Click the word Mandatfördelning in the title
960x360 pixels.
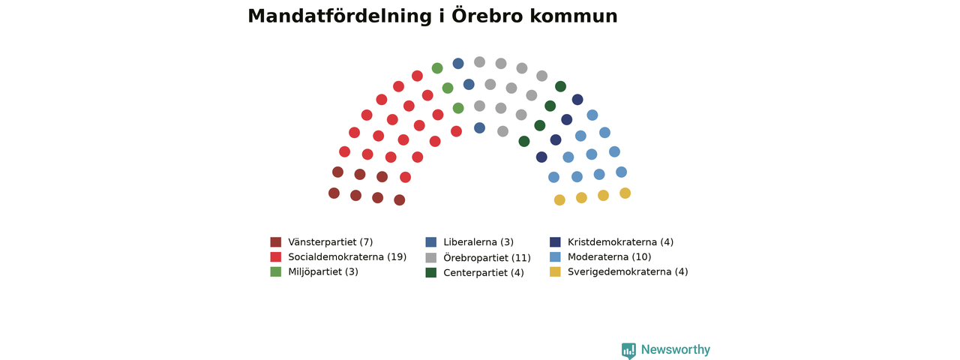pos(340,16)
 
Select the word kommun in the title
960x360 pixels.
pos(574,16)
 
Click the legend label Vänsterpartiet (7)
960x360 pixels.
pos(331,242)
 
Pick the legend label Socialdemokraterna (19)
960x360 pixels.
pos(347,257)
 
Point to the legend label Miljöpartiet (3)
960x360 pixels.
pos(323,272)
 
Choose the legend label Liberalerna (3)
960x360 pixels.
pos(478,242)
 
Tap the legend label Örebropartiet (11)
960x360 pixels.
pos(487,257)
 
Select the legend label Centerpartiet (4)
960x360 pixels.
pos(484,273)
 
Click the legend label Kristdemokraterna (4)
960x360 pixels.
pos(620,242)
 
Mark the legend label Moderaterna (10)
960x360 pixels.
pos(610,257)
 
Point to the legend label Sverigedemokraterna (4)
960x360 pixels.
pos(628,272)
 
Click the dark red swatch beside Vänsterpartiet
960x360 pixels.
pos(275,242)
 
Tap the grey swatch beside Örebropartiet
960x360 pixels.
pos(430,257)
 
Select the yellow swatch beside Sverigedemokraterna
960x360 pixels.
pos(555,271)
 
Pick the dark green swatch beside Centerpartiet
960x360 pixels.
pos(430,272)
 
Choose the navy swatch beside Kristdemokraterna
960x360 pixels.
pos(555,242)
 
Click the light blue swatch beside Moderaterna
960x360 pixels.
pos(555,256)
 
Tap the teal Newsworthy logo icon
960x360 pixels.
pos(628,350)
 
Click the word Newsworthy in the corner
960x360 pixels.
pos(676,349)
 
